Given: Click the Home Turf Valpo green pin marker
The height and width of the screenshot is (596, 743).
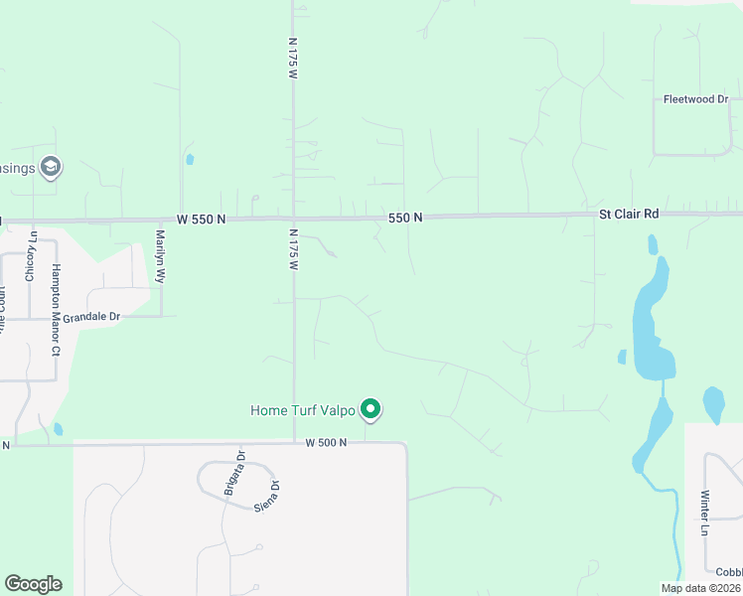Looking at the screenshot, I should tap(371, 409).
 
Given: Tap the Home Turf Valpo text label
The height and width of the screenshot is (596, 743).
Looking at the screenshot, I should tap(302, 409).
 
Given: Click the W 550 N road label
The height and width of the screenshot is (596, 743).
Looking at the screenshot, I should tap(203, 219).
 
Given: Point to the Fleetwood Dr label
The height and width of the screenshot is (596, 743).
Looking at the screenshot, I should tap(696, 99).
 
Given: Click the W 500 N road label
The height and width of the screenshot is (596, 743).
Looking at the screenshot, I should tap(326, 442).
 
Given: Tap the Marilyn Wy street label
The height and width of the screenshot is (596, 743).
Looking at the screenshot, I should tap(160, 258).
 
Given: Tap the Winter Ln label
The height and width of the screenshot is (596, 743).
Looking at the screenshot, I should tap(704, 513).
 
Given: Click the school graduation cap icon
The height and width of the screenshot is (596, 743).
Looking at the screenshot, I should tap(51, 167).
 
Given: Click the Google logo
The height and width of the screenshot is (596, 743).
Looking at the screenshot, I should tap(33, 584).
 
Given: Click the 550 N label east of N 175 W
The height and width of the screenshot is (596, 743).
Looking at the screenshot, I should tap(405, 217).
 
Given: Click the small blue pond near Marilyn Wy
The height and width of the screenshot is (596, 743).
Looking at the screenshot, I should tap(189, 159).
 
